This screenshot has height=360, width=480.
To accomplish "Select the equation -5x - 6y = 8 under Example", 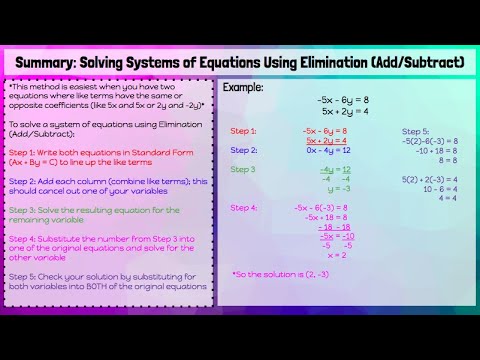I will tap(343, 100).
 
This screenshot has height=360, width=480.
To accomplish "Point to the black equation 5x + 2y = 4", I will tap(343, 111).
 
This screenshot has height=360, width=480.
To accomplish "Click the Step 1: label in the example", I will tap(243, 131).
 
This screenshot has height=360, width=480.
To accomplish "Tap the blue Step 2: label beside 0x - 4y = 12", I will tap(243, 150).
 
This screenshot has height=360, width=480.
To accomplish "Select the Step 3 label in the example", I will tap(242, 170).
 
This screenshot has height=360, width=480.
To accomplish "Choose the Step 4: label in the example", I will tap(243, 207).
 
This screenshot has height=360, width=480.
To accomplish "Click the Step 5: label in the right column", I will tap(415, 131).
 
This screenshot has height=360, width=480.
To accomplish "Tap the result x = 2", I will tap(336, 255).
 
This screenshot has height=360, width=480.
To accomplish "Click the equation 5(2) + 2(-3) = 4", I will tap(430, 179).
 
